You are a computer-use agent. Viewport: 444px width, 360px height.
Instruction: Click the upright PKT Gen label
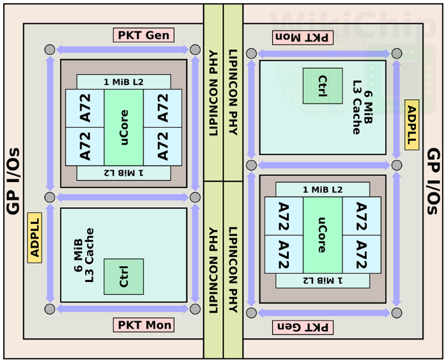pyautogui.click(x=144, y=35)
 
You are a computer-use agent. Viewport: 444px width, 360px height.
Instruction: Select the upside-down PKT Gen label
pyautogui.click(x=303, y=327)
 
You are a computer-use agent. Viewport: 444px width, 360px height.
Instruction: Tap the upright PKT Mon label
pyautogui.click(x=144, y=325)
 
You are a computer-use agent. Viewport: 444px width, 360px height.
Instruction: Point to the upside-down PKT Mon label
pyautogui.click(x=303, y=37)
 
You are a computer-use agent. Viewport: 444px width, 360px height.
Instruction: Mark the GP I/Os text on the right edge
pyautogui.click(x=433, y=181)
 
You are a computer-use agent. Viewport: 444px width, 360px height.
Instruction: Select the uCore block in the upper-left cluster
pyautogui.click(x=124, y=127)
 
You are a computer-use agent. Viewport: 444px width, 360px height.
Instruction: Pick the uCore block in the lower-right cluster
pyautogui.click(x=323, y=235)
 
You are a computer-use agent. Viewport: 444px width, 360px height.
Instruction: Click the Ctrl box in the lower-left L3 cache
pyautogui.click(x=124, y=276)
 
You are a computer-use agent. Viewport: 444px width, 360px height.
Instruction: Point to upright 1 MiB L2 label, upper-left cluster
pyautogui.click(x=124, y=82)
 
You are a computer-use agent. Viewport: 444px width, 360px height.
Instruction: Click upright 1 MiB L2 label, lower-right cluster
pyautogui.click(x=323, y=189)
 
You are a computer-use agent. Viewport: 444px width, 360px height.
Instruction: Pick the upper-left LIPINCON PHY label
pyautogui.click(x=213, y=93)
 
